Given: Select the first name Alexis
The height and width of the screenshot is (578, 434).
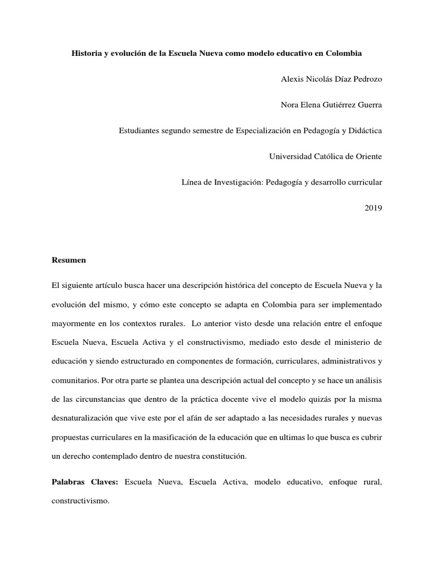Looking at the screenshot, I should point(293,79).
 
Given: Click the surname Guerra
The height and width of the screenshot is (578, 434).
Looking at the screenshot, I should point(368,104).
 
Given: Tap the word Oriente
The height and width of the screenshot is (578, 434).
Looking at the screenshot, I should point(367,156).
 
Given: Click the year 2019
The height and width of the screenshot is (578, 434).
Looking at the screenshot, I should point(373,208).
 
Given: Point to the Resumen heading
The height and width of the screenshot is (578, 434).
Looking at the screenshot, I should point(68,261).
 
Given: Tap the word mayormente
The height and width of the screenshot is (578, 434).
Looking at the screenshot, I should point(72,324).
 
